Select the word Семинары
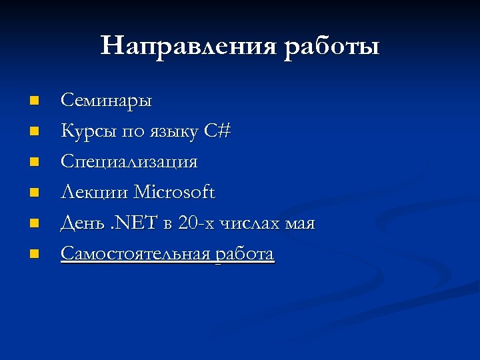click(x=107, y=101)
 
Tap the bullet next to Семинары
click(x=35, y=101)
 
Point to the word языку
click(x=171, y=132)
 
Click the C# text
click(x=217, y=131)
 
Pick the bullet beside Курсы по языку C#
click(x=35, y=132)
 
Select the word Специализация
click(x=129, y=163)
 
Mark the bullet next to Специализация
click(x=35, y=163)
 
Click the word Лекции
click(x=95, y=193)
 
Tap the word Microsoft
click(x=175, y=193)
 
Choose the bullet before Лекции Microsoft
click(x=35, y=193)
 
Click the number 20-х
click(x=193, y=224)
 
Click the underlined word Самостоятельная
click(x=135, y=254)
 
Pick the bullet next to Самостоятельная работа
click(x=35, y=254)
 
